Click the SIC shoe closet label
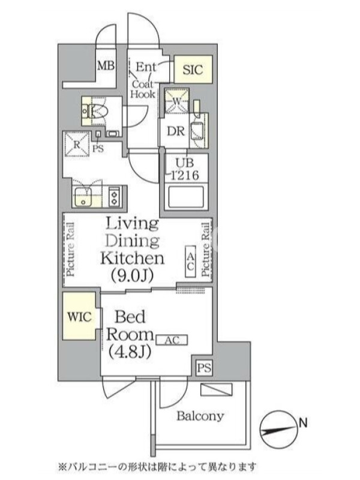tap(193, 70)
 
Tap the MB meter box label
tap(106, 65)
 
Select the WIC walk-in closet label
tap(79, 317)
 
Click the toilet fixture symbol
tap(95, 112)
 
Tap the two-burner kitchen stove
tap(115, 197)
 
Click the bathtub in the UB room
tap(186, 197)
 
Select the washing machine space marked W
tap(176, 101)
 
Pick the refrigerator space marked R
tap(77, 144)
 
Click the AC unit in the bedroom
tap(172, 340)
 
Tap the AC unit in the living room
tap(190, 262)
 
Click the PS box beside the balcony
tap(204, 368)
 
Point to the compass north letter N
tap(303, 424)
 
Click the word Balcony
tap(200, 416)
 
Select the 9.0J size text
tap(132, 275)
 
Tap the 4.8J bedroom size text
tap(130, 352)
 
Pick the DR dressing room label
tap(176, 131)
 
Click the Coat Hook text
tap(143, 89)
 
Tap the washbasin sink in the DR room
tap(197, 131)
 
